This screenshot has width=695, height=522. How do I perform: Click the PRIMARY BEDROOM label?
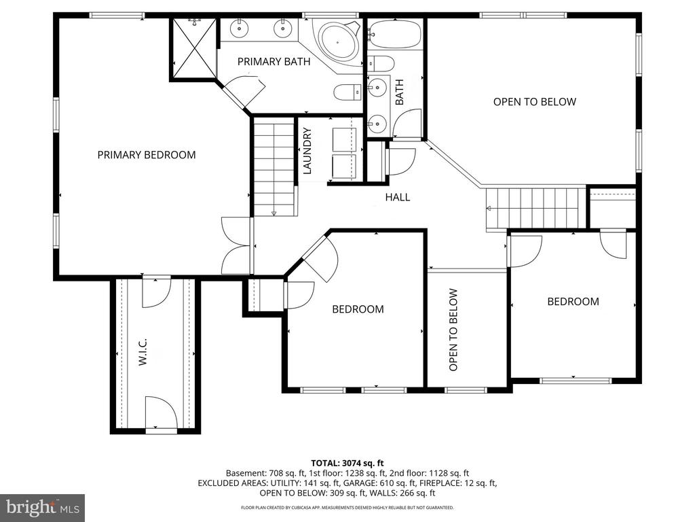click(147, 155)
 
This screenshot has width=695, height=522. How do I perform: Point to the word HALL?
click(398, 198)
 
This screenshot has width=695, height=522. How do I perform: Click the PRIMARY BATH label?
click(274, 62)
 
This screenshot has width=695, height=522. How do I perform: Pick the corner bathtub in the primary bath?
click(337, 41)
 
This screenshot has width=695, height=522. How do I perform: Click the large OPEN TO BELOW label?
click(534, 102)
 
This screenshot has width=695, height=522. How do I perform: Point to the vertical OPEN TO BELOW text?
click(453, 330)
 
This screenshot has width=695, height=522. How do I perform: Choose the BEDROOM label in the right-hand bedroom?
click(574, 302)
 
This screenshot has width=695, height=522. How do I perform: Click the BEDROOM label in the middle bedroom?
click(358, 309)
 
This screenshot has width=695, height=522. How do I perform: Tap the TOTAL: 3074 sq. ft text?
click(347, 462)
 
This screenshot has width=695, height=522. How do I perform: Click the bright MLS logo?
click(42, 507)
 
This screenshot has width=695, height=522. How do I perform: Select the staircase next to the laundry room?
click(274, 167)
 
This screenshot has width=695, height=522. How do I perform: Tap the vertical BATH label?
click(399, 92)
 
